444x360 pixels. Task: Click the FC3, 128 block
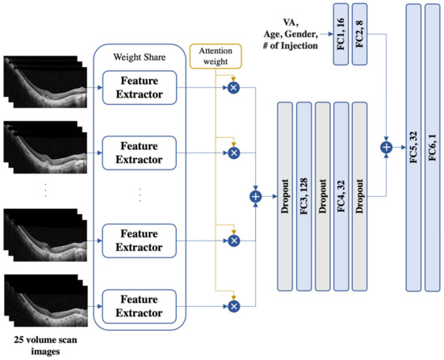tap(303, 195)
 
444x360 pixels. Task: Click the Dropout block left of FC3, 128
tap(283, 195)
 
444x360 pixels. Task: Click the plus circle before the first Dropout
tap(257, 195)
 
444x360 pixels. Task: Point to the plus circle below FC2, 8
tap(386, 148)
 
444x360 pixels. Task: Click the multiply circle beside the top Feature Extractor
tap(234, 85)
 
